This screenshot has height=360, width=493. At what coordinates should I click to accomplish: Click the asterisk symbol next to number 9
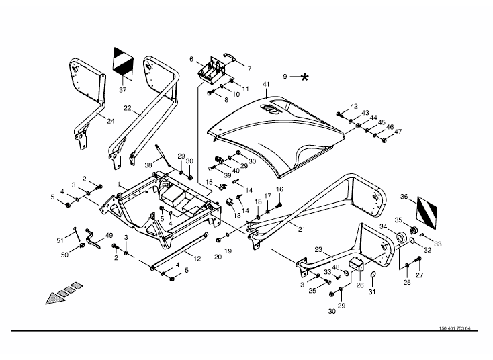click(x=304, y=77)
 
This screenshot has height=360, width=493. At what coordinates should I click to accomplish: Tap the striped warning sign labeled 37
click(x=124, y=63)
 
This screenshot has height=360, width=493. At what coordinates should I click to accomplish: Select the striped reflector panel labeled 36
click(x=427, y=213)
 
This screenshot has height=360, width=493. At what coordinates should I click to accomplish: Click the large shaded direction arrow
click(x=64, y=294)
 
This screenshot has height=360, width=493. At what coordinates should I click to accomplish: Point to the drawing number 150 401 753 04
click(x=455, y=328)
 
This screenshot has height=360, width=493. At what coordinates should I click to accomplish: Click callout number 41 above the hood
click(x=266, y=84)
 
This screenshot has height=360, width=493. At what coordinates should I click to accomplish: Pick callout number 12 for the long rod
click(x=197, y=259)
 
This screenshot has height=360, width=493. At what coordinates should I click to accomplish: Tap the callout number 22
click(x=128, y=108)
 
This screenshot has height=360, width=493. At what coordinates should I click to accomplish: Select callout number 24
click(x=111, y=121)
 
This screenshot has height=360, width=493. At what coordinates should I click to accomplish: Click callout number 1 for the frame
click(x=119, y=184)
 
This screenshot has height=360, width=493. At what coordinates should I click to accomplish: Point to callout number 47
click(x=398, y=132)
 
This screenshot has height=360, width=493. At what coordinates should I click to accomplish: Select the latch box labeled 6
click(x=212, y=73)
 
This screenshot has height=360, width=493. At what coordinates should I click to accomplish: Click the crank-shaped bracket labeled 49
click(x=93, y=238)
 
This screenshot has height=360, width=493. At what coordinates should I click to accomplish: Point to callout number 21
click(x=302, y=230)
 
